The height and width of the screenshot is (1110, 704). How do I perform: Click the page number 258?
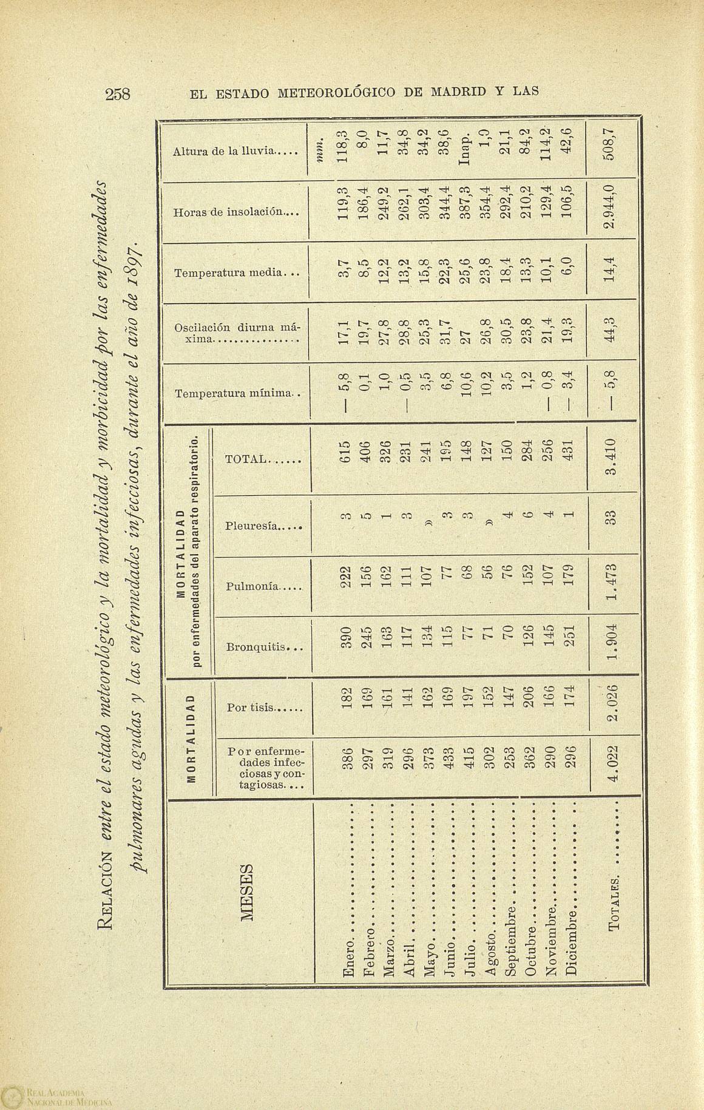tap(122, 95)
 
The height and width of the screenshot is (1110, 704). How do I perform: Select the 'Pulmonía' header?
tap(263, 586)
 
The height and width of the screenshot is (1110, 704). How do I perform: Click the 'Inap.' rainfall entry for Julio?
tap(465, 149)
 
